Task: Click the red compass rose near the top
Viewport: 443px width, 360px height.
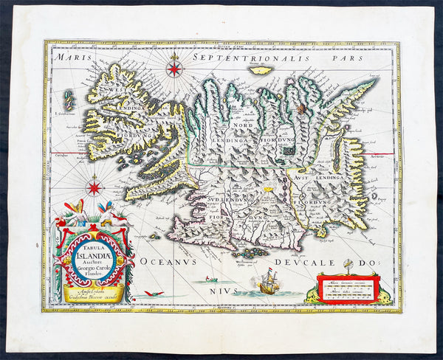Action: (175, 69)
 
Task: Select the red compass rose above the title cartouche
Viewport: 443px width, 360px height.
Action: (95, 187)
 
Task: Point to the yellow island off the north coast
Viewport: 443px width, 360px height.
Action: (261, 70)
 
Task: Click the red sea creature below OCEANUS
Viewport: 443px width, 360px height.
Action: (152, 294)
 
